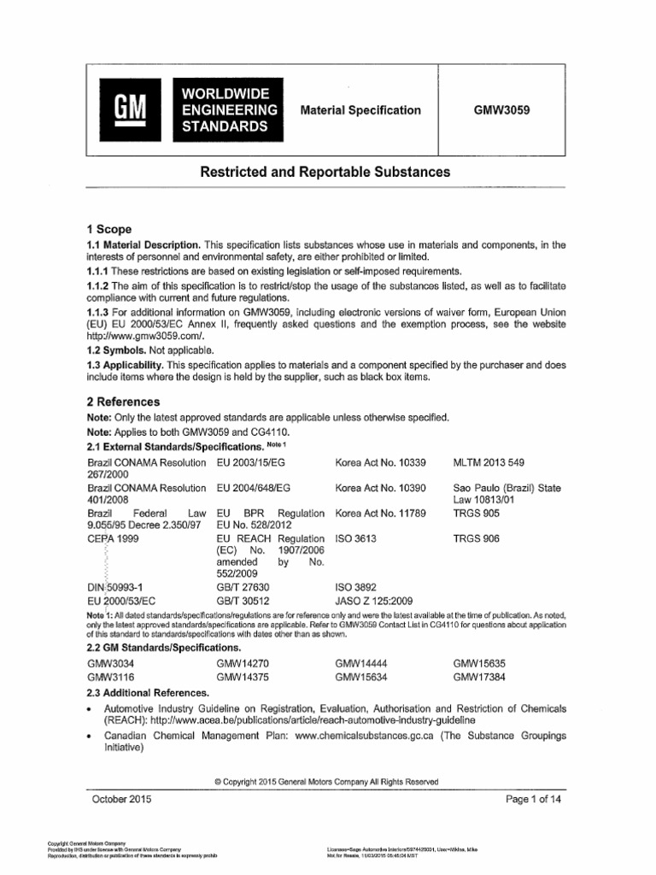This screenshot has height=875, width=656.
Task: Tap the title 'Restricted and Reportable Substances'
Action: point(325,173)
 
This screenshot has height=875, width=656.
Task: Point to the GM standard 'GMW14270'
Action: point(245,663)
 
